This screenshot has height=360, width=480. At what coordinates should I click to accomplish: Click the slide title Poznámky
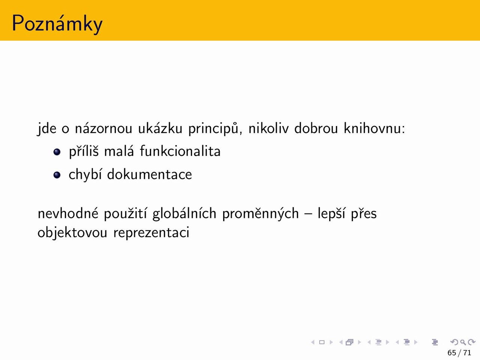(x=57, y=24)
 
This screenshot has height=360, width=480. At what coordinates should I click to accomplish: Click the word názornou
(x=103, y=128)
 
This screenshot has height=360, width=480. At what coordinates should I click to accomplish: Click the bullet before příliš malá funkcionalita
(x=57, y=152)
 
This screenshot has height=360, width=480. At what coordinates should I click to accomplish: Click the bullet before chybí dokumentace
(x=57, y=175)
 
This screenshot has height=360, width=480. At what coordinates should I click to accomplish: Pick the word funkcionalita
(x=180, y=151)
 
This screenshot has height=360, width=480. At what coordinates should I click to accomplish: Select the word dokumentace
(x=149, y=174)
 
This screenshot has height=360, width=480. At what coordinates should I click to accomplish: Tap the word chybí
(x=85, y=175)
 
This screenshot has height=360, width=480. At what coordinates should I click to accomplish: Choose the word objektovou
(x=72, y=232)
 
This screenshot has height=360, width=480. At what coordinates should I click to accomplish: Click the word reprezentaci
(x=151, y=232)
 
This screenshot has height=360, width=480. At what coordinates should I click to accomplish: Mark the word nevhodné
(x=68, y=213)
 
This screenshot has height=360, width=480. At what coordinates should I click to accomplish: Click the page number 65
(x=452, y=353)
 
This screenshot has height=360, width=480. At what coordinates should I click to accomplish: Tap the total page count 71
(x=467, y=353)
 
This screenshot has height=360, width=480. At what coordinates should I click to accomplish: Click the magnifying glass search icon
(x=463, y=342)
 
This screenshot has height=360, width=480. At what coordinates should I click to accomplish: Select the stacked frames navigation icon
(x=349, y=342)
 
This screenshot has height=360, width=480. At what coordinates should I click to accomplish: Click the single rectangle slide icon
(x=322, y=342)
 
